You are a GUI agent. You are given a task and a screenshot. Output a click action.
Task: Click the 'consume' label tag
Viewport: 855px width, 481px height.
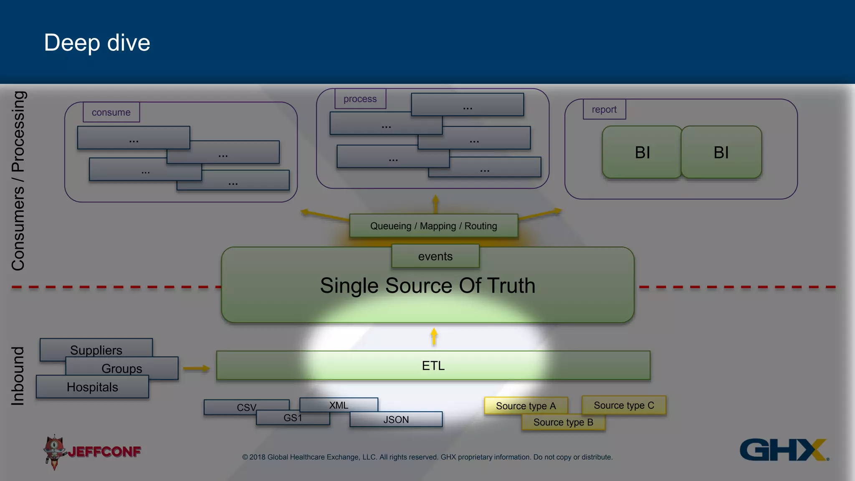coord(111,112)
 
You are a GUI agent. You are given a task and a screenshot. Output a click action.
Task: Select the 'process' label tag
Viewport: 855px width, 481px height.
coord(360,99)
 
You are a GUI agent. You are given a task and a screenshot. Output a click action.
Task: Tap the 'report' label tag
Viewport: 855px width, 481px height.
coord(604,109)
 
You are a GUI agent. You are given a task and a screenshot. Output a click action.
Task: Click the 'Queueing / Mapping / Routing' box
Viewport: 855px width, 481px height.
coord(433,226)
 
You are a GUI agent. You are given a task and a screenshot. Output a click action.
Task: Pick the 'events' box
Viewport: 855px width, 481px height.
coord(435,256)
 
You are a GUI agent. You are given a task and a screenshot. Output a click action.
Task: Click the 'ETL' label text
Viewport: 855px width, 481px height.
coord(433,366)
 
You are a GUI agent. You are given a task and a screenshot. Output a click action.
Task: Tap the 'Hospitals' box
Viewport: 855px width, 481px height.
coord(92,387)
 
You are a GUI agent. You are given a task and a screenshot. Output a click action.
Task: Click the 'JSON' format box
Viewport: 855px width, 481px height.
coord(396,420)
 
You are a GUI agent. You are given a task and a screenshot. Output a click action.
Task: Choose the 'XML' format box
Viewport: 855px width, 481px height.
coord(339,404)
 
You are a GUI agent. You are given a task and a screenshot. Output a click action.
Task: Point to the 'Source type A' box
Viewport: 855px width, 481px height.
coord(526,406)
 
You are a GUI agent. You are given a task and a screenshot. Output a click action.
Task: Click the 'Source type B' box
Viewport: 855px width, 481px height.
coord(563,423)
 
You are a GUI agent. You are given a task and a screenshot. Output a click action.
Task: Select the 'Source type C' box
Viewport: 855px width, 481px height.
coord(624,405)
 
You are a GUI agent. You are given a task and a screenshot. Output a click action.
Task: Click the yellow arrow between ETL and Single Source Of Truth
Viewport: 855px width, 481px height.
coord(434,337)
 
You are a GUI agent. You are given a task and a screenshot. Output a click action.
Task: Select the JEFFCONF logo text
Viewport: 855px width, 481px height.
coord(104,451)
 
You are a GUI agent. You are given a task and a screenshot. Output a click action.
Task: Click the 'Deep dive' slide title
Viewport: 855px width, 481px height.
coord(97,43)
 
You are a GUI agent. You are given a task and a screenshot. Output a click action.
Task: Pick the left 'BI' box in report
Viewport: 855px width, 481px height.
coord(642,152)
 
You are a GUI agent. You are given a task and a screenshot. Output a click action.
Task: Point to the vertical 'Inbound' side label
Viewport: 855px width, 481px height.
coord(18,376)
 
